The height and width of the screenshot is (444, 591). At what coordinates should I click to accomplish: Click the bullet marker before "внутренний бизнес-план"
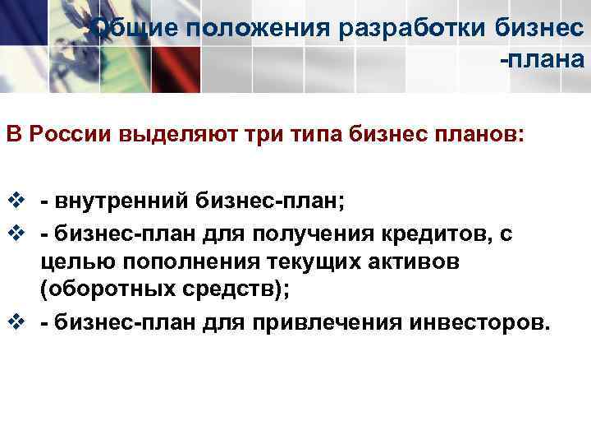pos(15,199)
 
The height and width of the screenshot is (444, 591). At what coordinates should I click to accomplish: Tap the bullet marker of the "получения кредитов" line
pos(15,235)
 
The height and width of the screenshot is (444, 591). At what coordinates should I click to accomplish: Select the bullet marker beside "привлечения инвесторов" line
pos(15,320)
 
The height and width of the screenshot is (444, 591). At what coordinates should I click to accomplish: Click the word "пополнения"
pos(167,262)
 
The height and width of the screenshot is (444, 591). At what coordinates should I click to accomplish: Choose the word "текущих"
pos(280,262)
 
